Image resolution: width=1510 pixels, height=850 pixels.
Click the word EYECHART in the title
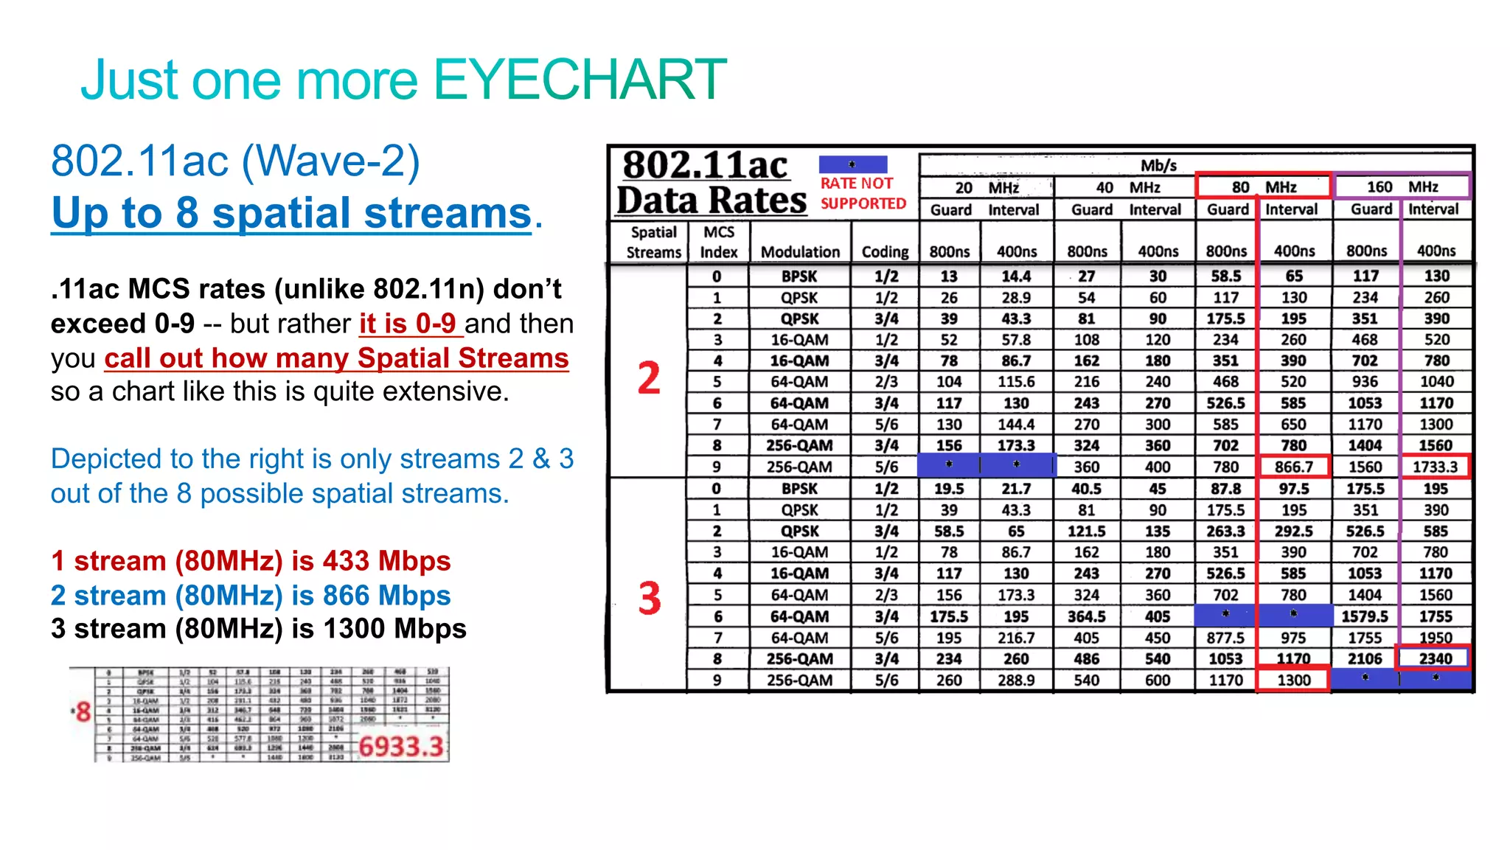point(580,80)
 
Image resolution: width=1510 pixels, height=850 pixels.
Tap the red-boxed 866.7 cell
point(1294,467)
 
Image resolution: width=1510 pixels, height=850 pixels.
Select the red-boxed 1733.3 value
point(1435,467)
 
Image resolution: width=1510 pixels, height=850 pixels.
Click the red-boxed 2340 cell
point(1435,658)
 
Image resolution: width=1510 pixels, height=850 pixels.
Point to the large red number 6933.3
point(401,747)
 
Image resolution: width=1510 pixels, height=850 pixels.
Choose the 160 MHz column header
point(1402,187)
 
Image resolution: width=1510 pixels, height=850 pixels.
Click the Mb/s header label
point(1158,165)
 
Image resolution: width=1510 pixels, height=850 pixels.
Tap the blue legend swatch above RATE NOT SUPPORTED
point(852,164)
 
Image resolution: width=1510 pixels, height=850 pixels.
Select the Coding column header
point(885,252)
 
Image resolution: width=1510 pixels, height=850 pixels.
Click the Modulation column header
point(800,252)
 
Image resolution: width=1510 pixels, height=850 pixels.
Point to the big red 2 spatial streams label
point(649,378)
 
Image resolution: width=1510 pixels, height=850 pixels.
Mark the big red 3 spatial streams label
point(650,598)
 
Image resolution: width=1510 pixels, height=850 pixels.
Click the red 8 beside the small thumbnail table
point(83,712)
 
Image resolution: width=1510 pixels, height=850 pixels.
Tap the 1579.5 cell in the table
point(1365,616)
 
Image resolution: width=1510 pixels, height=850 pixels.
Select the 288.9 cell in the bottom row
point(1016,680)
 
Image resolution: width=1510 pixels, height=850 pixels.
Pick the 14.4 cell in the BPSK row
point(1016,276)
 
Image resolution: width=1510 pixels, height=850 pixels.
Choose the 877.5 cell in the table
point(1225,638)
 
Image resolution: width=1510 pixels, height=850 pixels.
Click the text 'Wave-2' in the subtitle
point(330,161)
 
